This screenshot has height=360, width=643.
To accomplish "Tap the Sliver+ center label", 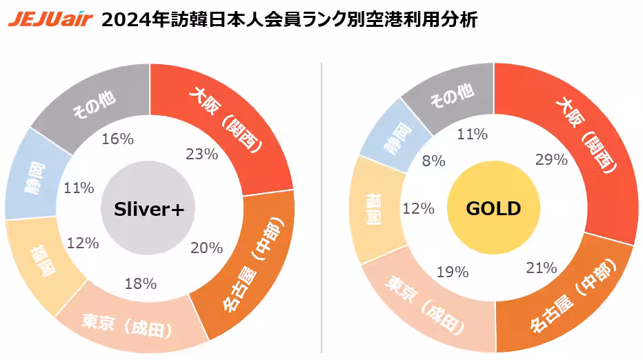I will (x=149, y=209).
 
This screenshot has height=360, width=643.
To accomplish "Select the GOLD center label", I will (x=493, y=209).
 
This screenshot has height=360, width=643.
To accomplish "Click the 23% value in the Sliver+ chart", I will (x=202, y=154).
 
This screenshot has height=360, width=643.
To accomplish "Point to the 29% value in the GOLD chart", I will (x=551, y=159).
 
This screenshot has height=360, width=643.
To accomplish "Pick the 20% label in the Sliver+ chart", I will (x=206, y=247).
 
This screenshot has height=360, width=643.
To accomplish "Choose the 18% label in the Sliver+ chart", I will (x=140, y=283).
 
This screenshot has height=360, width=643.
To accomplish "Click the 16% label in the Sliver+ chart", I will (x=117, y=139).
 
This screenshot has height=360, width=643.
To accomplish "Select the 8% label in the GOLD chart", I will (x=434, y=161).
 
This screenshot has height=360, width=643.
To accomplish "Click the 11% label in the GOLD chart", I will (x=473, y=134).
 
